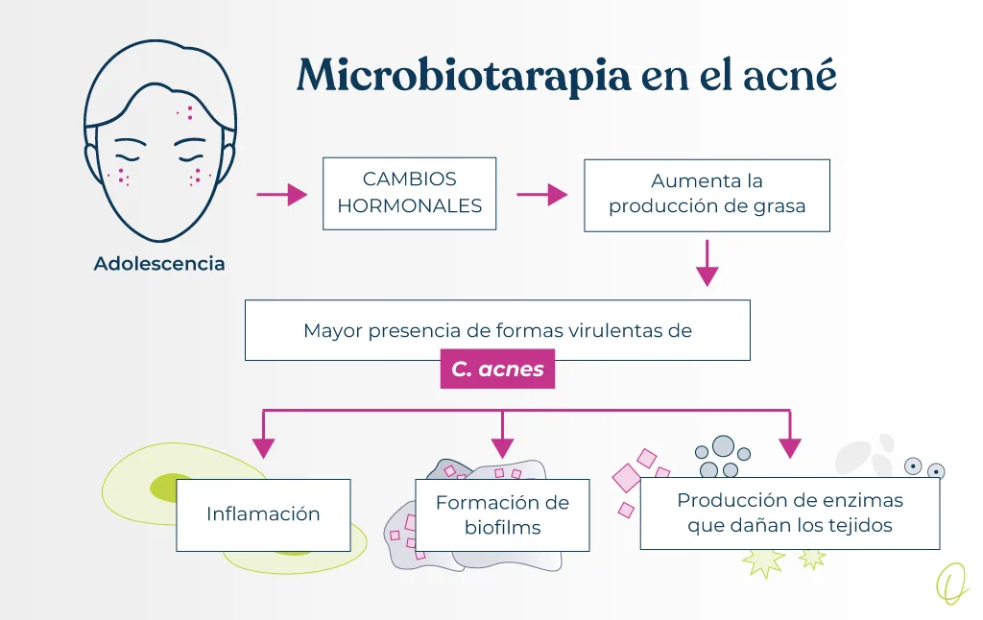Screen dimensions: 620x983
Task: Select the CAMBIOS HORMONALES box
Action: pyautogui.click(x=410, y=193)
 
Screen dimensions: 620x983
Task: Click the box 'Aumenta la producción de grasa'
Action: pyautogui.click(x=707, y=193)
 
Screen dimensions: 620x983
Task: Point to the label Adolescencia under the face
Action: pyautogui.click(x=159, y=263)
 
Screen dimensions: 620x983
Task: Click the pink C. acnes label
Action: pyautogui.click(x=497, y=370)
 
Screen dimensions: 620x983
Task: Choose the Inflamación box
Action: pyautogui.click(x=263, y=513)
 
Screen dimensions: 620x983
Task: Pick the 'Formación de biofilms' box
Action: pyautogui.click(x=502, y=515)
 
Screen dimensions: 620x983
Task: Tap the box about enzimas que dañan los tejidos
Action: pyautogui.click(x=789, y=513)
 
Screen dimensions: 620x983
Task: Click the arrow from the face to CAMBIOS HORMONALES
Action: pyautogui.click(x=282, y=195)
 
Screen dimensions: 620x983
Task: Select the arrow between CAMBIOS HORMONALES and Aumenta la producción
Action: pyautogui.click(x=542, y=195)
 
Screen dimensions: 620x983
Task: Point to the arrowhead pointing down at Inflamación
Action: pyautogui.click(x=263, y=447)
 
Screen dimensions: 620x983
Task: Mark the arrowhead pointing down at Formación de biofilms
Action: pyautogui.click(x=502, y=447)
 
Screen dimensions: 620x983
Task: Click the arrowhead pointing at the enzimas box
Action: pyautogui.click(x=789, y=447)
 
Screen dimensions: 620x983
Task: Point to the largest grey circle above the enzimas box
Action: pyautogui.click(x=723, y=446)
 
